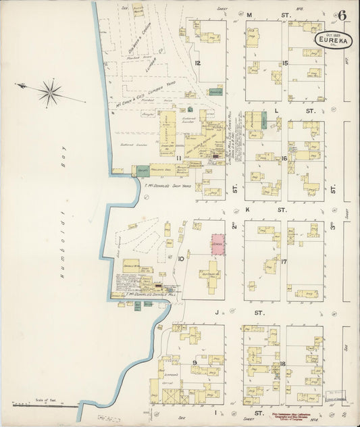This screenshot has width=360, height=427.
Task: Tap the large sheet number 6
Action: pos(343,16)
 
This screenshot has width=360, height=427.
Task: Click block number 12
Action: pos(197,63)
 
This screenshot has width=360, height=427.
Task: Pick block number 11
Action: pos(179,158)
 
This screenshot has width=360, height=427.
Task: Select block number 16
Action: pos(285,159)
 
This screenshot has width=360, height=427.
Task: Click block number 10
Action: pos(181,258)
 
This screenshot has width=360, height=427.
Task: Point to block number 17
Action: pos(285,261)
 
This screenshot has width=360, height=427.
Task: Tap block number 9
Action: pos(195,363)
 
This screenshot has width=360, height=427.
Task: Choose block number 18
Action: pos(283,364)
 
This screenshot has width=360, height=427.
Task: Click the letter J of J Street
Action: pos(217,313)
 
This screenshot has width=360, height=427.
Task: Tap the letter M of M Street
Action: pos(249,14)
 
